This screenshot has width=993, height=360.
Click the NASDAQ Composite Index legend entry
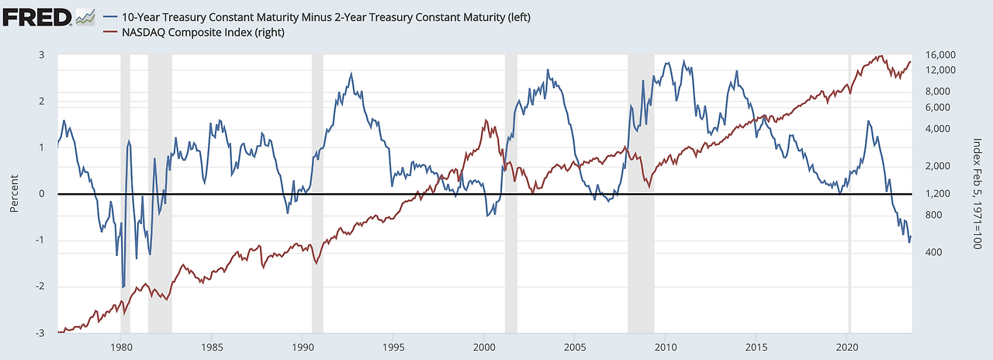point(202,33)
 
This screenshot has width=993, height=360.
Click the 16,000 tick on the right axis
point(936,55)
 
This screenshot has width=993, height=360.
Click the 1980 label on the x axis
point(121,347)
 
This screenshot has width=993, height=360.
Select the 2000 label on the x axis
point(484,347)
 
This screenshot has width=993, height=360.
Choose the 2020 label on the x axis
point(848,347)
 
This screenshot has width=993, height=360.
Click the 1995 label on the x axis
point(393,347)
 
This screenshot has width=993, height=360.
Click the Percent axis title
point(15,194)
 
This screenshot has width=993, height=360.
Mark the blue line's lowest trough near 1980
point(123,287)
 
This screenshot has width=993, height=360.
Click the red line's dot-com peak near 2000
point(486,120)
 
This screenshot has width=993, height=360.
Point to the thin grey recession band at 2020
point(849,194)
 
